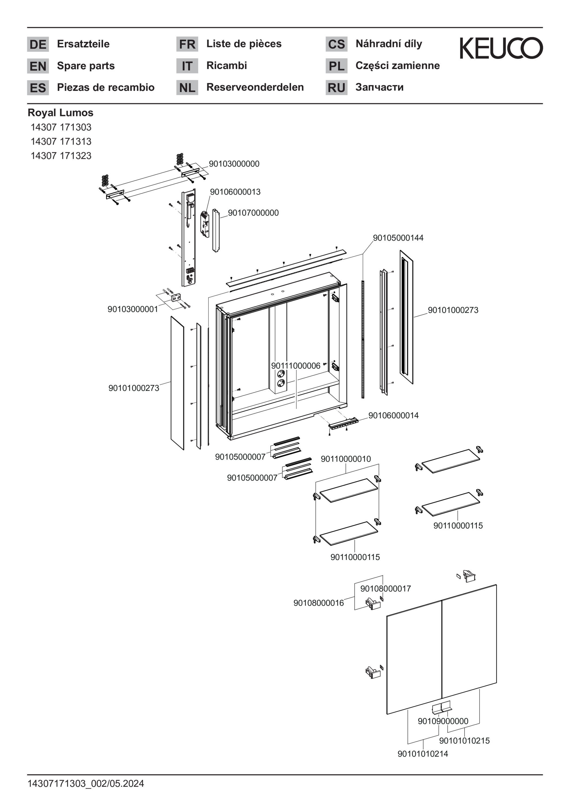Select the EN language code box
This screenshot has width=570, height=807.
click(38, 66)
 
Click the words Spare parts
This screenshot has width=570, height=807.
click(86, 66)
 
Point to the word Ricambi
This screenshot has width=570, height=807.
click(227, 65)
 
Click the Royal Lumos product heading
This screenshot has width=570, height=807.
click(60, 113)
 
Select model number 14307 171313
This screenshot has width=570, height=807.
click(61, 141)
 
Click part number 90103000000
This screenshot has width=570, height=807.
click(234, 164)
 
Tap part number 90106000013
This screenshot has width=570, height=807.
click(235, 192)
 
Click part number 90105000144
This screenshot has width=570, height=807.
click(398, 238)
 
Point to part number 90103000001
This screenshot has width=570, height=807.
click(133, 309)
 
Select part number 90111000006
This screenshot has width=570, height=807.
click(296, 366)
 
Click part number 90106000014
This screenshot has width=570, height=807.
click(393, 415)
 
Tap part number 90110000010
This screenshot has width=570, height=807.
click(346, 459)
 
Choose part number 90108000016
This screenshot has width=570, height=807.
click(319, 603)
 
